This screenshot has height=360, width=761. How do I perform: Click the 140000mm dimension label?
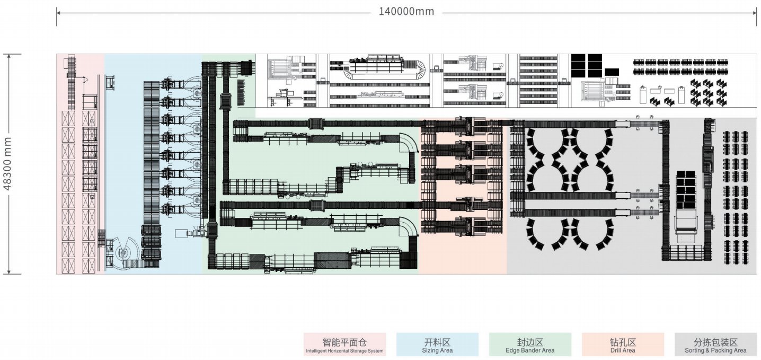[406, 12]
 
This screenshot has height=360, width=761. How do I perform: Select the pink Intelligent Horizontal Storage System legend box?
[344, 345]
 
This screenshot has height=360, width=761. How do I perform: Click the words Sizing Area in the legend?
[437, 350]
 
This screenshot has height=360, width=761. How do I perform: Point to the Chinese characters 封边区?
[530, 342]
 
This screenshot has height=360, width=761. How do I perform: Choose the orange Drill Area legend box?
[623, 345]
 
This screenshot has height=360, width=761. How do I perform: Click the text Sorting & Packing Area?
[715, 350]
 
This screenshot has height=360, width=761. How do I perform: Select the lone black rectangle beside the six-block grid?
[612, 72]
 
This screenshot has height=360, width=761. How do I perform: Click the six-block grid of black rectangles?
[587, 65]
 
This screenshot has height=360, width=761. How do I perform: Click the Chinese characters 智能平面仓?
[344, 342]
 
